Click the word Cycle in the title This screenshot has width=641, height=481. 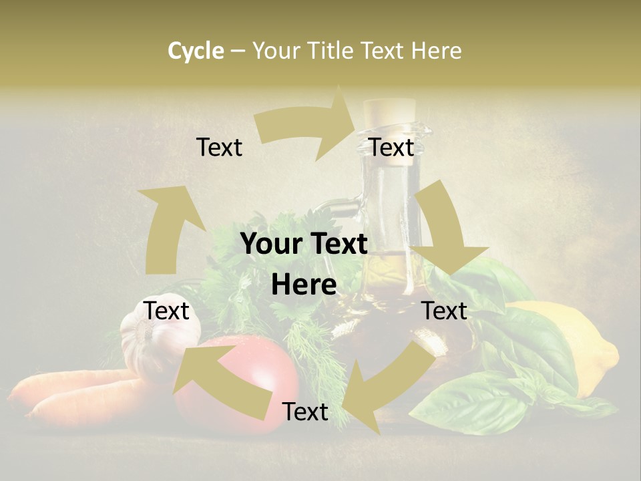pos(196,51)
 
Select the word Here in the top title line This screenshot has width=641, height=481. pos(436,51)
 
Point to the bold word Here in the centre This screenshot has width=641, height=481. pos(304,285)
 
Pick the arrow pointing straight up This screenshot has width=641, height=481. pos(171,227)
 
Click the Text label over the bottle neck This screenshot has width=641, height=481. pos(391,148)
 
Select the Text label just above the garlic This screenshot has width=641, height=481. pos(166,311)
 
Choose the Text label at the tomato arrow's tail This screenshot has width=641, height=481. pos(305,412)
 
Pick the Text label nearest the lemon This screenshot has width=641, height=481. pos(445,311)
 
